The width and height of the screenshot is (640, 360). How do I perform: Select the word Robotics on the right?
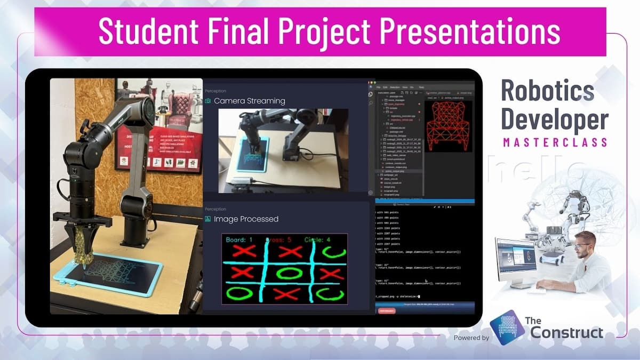547,92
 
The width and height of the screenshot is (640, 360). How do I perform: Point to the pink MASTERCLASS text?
555,142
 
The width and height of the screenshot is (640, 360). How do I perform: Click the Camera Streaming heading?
249,101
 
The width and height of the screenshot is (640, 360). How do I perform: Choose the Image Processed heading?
246,219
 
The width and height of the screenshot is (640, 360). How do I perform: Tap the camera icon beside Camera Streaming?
208,101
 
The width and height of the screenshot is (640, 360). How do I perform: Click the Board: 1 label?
239,240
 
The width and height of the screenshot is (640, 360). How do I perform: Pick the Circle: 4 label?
317,240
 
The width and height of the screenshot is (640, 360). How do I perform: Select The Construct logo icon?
506,326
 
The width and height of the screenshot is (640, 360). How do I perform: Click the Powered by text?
471,338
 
